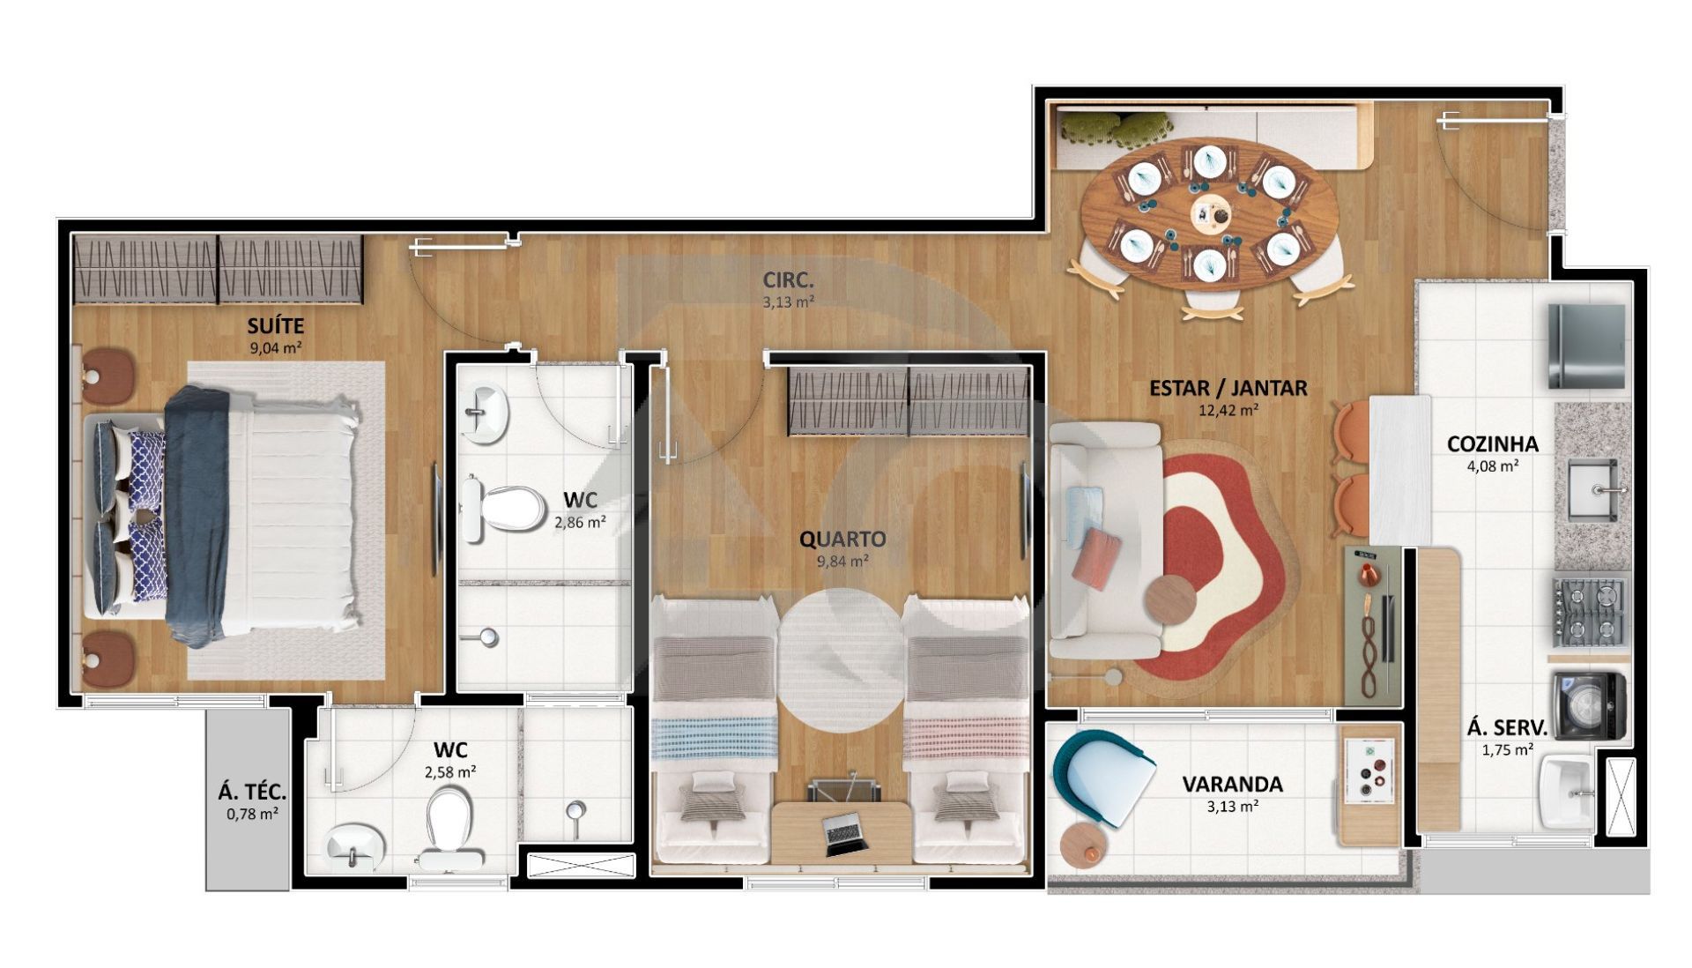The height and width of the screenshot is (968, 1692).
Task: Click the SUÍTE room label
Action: pos(275,327)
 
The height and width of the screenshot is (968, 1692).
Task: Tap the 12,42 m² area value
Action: pos(1228,409)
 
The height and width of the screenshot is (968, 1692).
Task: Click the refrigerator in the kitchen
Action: pos(1586,346)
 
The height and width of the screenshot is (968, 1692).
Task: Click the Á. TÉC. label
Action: pos(252,793)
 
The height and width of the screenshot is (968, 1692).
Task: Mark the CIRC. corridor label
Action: pos(788,281)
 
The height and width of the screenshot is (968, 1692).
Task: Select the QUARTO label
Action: pos(842,539)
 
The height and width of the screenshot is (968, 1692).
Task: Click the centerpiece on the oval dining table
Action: pos(1209,212)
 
